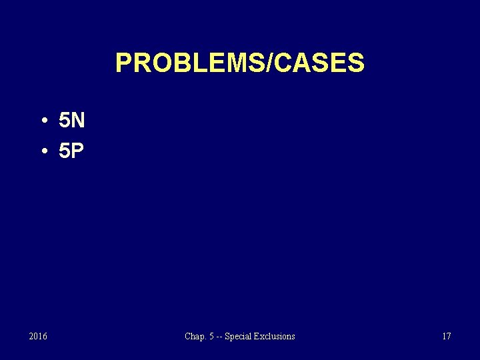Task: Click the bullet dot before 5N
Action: pyautogui.click(x=42, y=121)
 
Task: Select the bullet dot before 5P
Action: pyautogui.click(x=42, y=151)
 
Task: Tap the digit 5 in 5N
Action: pyautogui.click(x=65, y=121)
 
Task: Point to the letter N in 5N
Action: pyautogui.click(x=77, y=121)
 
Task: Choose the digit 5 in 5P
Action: pyautogui.click(x=65, y=151)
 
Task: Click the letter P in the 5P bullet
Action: pyautogui.click(x=77, y=151)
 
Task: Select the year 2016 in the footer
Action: pyautogui.click(x=38, y=337)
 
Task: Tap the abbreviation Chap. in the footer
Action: pyautogui.click(x=195, y=337)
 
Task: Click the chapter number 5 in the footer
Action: pyautogui.click(x=211, y=337)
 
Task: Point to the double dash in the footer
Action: pyautogui.click(x=219, y=337)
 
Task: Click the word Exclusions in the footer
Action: pyautogui.click(x=274, y=337)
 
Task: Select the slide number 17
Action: pyautogui.click(x=446, y=337)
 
